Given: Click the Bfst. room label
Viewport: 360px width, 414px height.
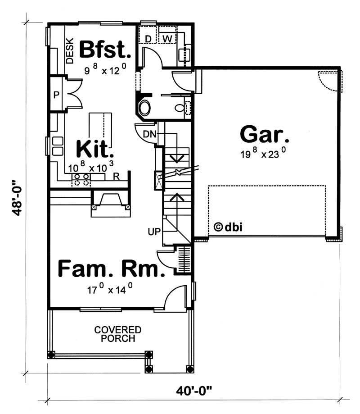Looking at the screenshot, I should [105, 50].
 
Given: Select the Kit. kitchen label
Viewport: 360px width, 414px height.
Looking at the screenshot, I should [94, 149].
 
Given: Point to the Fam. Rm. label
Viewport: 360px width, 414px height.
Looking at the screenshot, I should [109, 269].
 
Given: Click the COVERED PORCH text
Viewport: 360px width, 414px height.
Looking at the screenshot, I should [118, 334].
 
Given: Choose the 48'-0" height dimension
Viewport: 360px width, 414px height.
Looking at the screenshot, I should [17, 198].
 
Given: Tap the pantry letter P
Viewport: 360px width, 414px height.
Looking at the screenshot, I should [57, 95].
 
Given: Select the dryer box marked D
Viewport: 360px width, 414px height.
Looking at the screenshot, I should [148, 39].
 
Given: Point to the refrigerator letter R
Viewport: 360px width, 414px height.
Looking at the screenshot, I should [116, 176].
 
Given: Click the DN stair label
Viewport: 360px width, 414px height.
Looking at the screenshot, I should [149, 134].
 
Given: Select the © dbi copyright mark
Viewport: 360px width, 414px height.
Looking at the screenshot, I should [228, 227].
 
